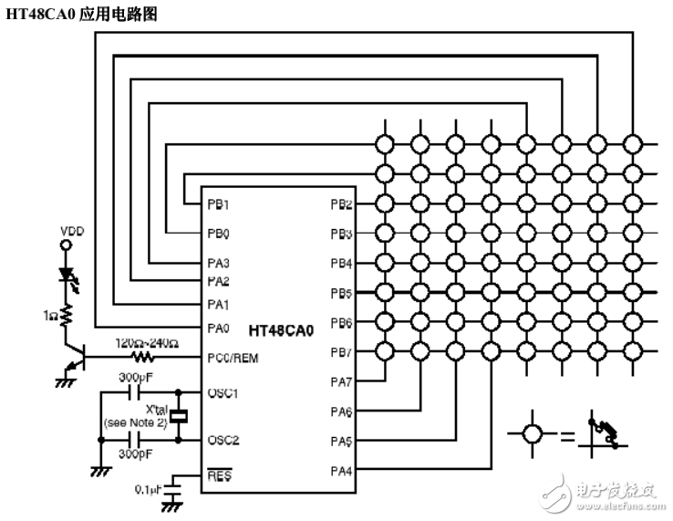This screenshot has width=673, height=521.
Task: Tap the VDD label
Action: (71, 231)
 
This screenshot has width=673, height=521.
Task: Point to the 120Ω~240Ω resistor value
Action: (145, 344)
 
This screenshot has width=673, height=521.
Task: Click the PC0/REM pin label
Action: (233, 358)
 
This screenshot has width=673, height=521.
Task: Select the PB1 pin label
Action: (218, 204)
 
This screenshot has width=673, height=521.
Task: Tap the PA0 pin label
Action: (218, 328)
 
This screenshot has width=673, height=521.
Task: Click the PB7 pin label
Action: (341, 352)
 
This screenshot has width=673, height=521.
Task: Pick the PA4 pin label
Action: (341, 471)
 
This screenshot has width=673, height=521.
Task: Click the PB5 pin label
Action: (341, 294)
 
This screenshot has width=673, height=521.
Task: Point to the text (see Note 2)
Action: (136, 423)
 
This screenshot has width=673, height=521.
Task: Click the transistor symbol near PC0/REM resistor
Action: (75, 358)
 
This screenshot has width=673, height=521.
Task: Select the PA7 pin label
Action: (341, 382)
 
